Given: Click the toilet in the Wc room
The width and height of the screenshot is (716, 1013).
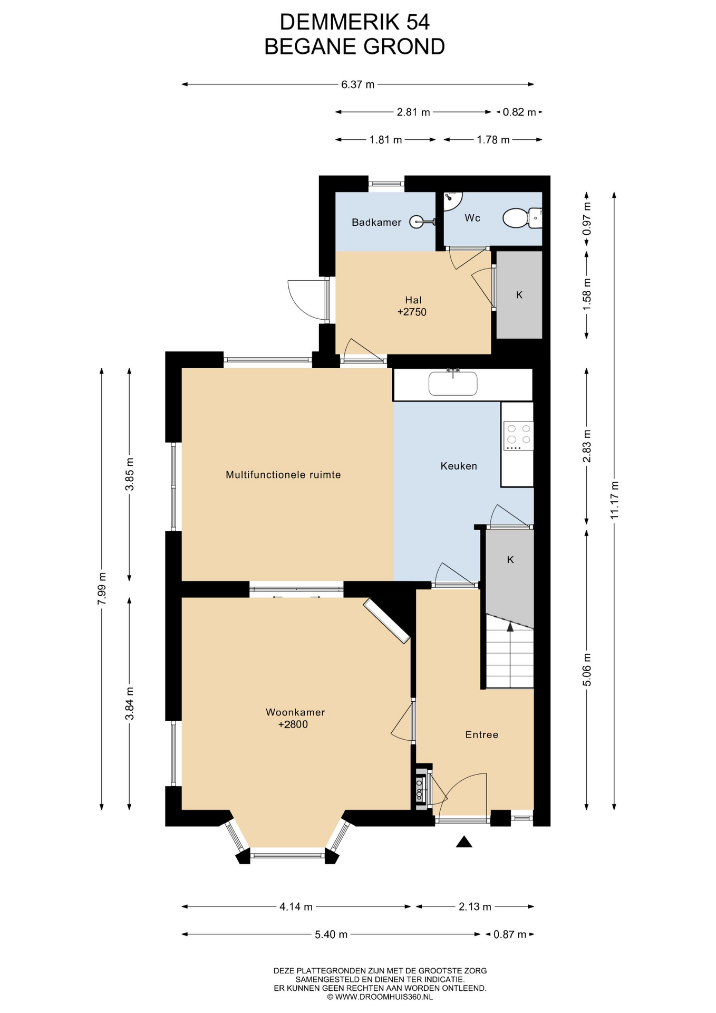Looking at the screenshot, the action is click(x=522, y=218).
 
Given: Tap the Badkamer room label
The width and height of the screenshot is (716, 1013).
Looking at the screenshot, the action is click(x=376, y=223).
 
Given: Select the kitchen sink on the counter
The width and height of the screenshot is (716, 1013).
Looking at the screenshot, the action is click(x=453, y=383).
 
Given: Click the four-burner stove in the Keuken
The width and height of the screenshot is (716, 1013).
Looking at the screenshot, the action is click(x=518, y=436).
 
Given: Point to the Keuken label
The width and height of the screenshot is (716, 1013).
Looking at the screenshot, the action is click(x=459, y=466).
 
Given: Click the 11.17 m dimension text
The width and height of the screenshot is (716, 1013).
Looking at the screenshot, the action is click(x=614, y=500).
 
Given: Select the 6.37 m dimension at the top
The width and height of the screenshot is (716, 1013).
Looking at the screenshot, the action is click(x=358, y=84).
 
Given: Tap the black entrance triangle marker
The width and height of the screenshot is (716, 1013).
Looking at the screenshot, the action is click(x=464, y=842).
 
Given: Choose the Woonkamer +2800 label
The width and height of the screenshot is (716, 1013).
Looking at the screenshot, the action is click(x=295, y=718).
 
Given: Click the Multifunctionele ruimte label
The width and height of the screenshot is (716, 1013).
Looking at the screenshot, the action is click(x=283, y=475).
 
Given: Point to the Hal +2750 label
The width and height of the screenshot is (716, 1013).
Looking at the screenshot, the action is click(x=412, y=306).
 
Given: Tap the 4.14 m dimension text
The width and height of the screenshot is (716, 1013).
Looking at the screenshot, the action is click(x=296, y=906).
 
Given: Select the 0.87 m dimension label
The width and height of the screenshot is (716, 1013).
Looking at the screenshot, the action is click(x=510, y=934).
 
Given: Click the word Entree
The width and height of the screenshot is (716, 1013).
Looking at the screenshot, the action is click(x=482, y=734).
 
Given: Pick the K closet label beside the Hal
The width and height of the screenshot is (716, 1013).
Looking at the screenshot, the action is click(x=519, y=295).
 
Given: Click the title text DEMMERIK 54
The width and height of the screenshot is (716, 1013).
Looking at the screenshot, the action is click(x=355, y=22).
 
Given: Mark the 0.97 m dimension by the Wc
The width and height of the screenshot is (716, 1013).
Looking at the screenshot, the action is click(x=587, y=218).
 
